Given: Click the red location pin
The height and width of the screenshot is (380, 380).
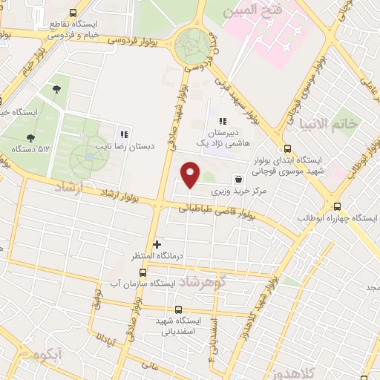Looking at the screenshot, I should (x=191, y=174).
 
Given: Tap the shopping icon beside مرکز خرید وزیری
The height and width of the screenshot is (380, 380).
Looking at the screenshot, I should (x=237, y=179).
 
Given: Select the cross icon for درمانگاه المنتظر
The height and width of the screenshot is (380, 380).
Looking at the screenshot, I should (x=157, y=244).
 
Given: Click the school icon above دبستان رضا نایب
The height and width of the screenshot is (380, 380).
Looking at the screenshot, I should (x=124, y=134).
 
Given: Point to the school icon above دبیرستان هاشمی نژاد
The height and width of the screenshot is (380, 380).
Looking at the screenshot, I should (x=222, y=121).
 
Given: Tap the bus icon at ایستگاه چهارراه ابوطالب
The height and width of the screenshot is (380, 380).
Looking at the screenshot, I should (x=338, y=207).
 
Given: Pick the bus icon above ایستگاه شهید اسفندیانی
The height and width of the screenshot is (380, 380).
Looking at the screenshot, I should (x=177, y=310).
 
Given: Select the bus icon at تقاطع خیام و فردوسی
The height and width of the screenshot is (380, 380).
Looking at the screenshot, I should (x=72, y=13).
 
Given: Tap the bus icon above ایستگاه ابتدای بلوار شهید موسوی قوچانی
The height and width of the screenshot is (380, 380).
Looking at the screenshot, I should (x=288, y=148).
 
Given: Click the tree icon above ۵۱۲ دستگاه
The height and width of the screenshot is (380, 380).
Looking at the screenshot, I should (x=30, y=137).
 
